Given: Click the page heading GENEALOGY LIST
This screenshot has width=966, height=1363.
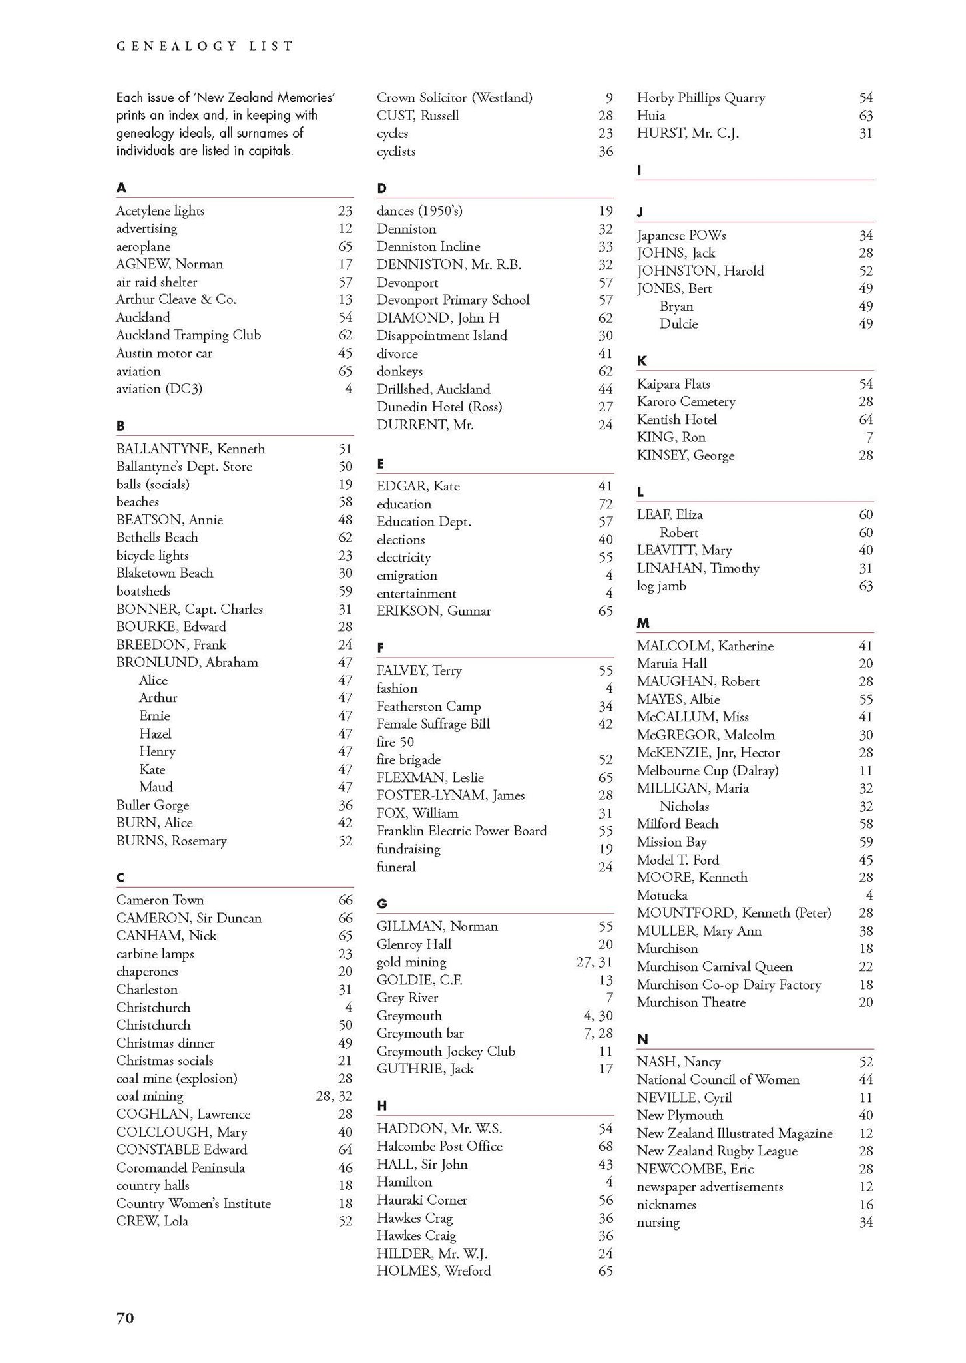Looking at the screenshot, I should pyautogui.click(x=204, y=46).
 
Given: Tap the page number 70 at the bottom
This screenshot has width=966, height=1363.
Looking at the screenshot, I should pyautogui.click(x=125, y=1318).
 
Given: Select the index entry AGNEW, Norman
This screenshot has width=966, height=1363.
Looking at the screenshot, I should pyautogui.click(x=170, y=264).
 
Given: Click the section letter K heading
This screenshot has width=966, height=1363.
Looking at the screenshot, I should pyautogui.click(x=642, y=361).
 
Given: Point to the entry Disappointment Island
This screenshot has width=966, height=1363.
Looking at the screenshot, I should pyautogui.click(x=442, y=335).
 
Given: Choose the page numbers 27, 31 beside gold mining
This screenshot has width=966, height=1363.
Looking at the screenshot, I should pyautogui.click(x=594, y=962).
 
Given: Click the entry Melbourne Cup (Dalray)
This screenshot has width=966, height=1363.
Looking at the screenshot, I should pyautogui.click(x=708, y=771).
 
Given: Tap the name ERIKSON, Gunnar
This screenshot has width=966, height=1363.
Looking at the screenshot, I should pyautogui.click(x=434, y=611).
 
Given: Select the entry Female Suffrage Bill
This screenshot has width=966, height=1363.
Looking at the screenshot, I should pyautogui.click(x=433, y=724).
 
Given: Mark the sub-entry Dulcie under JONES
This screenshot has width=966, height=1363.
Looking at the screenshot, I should pyautogui.click(x=679, y=324).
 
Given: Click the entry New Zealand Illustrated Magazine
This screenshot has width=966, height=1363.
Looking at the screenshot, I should pyautogui.click(x=734, y=1133).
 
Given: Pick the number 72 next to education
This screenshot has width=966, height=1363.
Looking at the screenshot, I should pyautogui.click(x=605, y=504).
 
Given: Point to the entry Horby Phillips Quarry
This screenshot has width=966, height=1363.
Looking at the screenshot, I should pyautogui.click(x=701, y=98).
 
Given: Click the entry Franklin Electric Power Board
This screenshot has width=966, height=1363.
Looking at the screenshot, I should pyautogui.click(x=462, y=831).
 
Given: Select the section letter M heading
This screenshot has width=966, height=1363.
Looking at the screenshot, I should pyautogui.click(x=642, y=623).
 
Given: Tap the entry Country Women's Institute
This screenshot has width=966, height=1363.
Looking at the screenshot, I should pyautogui.click(x=194, y=1203).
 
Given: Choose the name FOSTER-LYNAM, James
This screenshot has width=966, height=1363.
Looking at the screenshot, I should pyautogui.click(x=451, y=795).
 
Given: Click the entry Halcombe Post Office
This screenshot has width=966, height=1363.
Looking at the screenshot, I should pyautogui.click(x=439, y=1146).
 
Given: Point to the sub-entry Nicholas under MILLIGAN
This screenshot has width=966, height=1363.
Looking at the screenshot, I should pyautogui.click(x=684, y=806).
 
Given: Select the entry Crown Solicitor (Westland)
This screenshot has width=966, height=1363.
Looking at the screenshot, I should pyautogui.click(x=455, y=98).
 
